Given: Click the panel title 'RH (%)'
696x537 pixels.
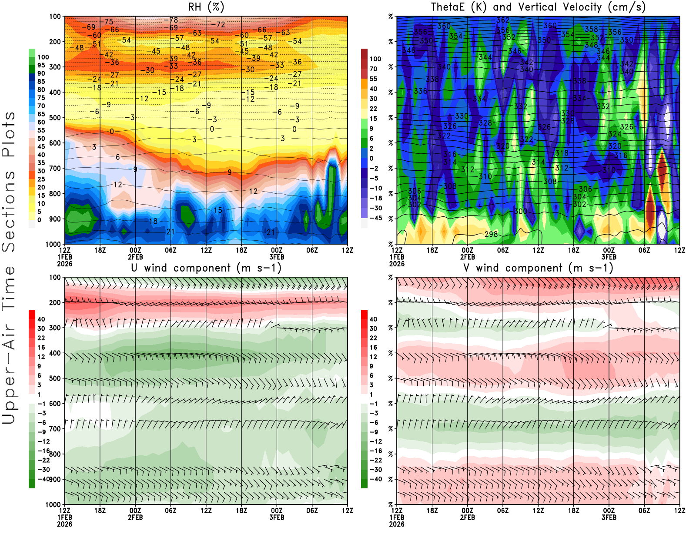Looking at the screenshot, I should pos(206,7).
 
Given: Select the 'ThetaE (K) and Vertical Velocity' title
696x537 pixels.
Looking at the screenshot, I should pos(538,7).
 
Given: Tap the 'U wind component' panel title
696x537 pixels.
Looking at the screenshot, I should pos(206,268).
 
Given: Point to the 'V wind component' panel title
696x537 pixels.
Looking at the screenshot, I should pos(538,268).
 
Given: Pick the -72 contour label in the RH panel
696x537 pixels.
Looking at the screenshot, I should pos(218,25).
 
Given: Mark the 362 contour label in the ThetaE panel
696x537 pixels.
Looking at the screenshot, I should pos(503,20).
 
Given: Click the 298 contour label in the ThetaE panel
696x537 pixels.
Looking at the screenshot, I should pos(491,234).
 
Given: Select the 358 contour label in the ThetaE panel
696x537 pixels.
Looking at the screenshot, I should pos(591,29).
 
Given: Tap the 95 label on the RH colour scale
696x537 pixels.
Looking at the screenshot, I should pos(41,65).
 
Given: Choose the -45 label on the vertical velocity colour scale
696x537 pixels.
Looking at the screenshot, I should pos(376,218).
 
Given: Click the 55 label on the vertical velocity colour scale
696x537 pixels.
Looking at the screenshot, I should pos(373,79).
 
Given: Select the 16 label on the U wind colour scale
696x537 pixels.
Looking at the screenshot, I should pos(41,347).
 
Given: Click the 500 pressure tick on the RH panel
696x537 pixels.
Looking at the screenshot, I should pos(55,118).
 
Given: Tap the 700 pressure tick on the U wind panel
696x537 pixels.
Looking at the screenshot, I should pos(55,429).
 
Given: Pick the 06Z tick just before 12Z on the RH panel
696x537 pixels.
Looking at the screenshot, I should pos(312,250).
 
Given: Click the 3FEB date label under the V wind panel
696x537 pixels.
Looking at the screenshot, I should pos(609,517).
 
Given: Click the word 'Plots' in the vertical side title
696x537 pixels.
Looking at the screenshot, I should pos(9,135).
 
